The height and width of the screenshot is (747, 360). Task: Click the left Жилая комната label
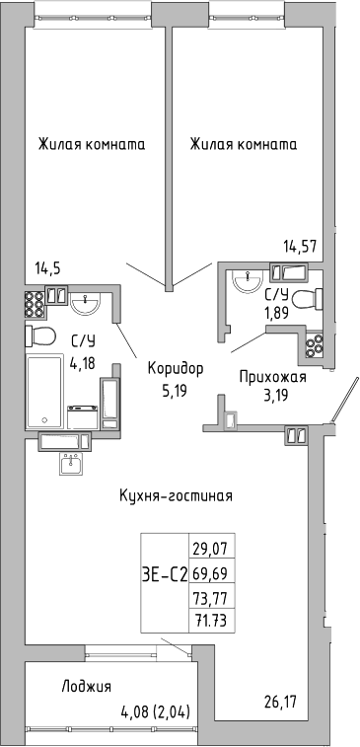(x=92, y=144)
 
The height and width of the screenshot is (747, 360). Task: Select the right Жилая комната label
(x=244, y=144)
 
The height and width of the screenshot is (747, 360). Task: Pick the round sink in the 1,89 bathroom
(x=246, y=282)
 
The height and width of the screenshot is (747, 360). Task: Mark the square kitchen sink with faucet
(x=70, y=464)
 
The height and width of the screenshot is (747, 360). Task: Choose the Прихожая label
(x=273, y=377)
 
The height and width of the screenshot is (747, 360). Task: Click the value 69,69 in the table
(x=214, y=571)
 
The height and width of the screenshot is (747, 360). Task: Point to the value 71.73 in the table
(x=214, y=620)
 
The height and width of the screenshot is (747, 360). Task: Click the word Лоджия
(x=85, y=687)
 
